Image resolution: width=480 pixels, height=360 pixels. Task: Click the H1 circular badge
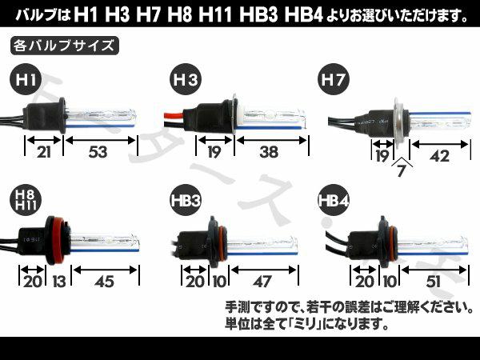click(26, 79)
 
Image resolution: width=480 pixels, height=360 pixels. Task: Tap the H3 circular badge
click(186, 79)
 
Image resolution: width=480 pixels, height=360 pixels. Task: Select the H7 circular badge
click(334, 79)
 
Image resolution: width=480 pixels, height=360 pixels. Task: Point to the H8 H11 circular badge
click(26, 201)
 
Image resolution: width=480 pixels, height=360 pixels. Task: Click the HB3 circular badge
click(186, 201)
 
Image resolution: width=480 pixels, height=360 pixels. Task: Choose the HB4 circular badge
click(334, 201)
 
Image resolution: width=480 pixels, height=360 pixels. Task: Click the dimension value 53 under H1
click(98, 152)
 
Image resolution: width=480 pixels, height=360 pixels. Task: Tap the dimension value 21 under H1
click(43, 152)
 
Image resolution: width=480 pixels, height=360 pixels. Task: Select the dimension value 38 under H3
click(269, 152)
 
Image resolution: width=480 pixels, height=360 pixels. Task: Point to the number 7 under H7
click(401, 171)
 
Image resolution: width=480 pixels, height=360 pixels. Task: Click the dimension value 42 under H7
click(439, 157)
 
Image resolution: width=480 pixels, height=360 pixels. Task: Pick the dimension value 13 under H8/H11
click(58, 282)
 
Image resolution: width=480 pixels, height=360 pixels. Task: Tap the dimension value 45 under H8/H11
click(105, 282)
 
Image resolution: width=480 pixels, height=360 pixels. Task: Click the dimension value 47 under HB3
click(262, 282)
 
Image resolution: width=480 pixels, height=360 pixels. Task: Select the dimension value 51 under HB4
click(433, 282)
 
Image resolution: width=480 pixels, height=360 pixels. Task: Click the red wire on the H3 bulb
click(174, 116)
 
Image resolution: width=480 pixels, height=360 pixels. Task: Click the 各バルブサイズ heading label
click(64, 46)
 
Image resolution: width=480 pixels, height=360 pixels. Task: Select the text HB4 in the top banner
click(303, 14)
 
